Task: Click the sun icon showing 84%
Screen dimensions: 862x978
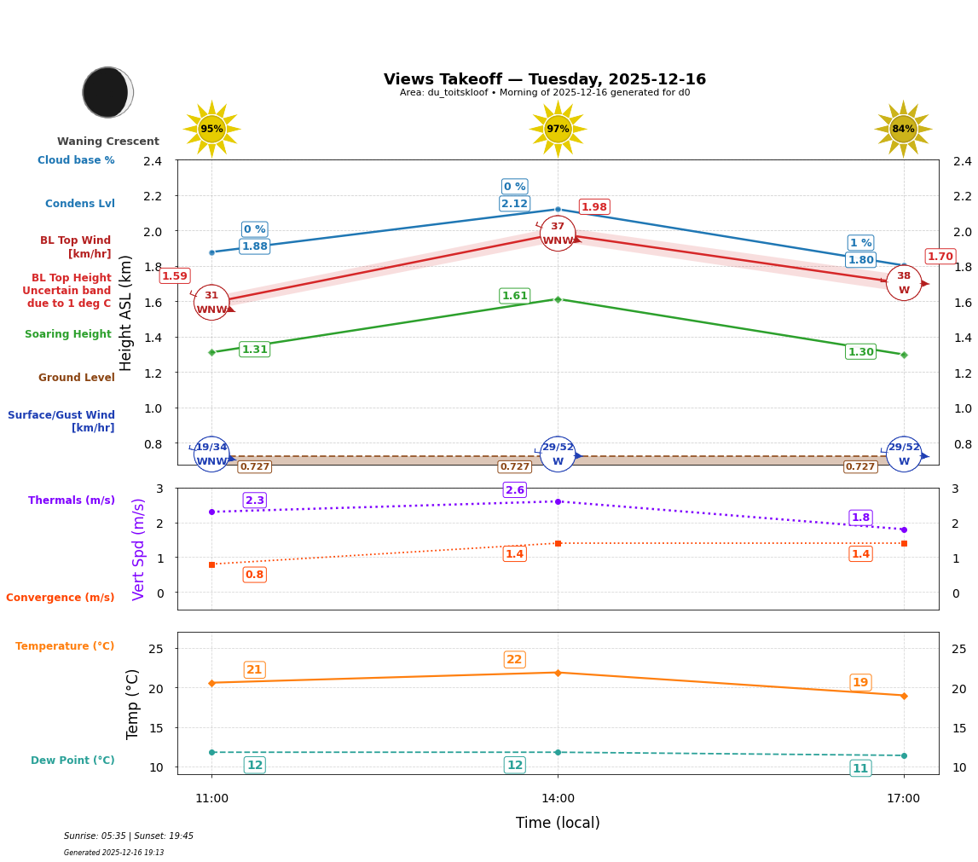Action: tap(903, 130)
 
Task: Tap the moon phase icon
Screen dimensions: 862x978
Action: tap(107, 92)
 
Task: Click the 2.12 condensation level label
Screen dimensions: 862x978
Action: tap(514, 204)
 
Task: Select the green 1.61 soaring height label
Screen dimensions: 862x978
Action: tap(514, 296)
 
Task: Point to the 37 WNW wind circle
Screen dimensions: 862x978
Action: tap(558, 234)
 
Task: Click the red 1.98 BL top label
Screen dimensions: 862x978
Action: tap(594, 207)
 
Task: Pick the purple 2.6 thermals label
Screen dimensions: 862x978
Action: tap(514, 490)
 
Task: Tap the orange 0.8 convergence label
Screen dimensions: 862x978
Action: tap(254, 575)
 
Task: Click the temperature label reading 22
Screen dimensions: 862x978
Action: tap(514, 660)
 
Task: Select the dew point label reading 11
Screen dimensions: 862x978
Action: tap(860, 768)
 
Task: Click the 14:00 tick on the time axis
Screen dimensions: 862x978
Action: tap(558, 798)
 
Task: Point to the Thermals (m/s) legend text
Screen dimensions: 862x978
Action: tap(72, 500)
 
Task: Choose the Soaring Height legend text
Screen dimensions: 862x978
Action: tap(68, 334)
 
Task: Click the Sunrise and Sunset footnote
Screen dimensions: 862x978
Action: tap(129, 836)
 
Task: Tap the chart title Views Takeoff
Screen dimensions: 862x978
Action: tap(545, 79)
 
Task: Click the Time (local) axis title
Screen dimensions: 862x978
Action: tap(558, 823)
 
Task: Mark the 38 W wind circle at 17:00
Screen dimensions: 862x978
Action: tap(903, 283)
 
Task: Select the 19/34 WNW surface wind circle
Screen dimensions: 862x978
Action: tap(211, 454)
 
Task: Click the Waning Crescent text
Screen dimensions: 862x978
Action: tap(108, 142)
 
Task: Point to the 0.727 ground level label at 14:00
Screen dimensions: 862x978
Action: tap(514, 467)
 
